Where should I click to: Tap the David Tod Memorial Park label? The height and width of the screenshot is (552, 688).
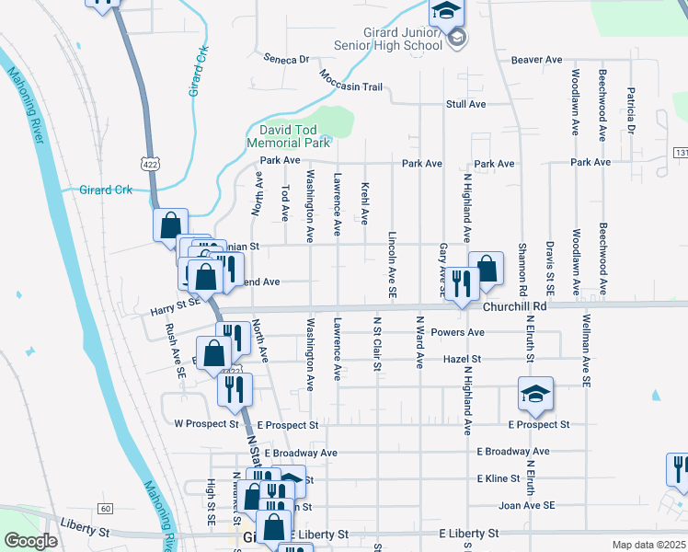pos(288,136)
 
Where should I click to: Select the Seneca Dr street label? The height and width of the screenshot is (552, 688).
pos(286,59)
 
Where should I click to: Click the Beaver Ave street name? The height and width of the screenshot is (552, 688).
pos(536,59)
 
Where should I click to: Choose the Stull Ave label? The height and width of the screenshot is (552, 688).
pos(465,104)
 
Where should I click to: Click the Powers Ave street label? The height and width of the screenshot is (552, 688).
pos(463,332)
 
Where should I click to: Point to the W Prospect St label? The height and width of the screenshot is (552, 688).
pos(206,424)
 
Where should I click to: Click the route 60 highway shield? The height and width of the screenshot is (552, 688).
pos(107,509)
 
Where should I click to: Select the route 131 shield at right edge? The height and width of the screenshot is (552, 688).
pos(681,152)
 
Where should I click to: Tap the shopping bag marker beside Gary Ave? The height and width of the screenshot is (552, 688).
pos(486,269)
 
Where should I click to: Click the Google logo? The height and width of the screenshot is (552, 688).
pos(30,540)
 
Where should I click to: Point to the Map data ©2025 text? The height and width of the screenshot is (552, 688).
pos(648,544)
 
